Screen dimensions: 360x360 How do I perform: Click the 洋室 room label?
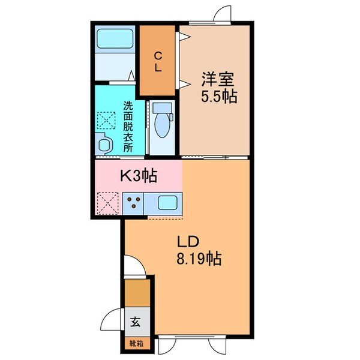coord(216,79)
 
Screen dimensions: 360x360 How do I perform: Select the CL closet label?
coord(158,61)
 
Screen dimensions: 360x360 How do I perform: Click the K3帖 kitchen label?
coord(139,176)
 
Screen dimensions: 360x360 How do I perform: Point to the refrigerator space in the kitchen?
coord(108,203)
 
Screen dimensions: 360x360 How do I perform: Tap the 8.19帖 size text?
coord(198,259)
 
